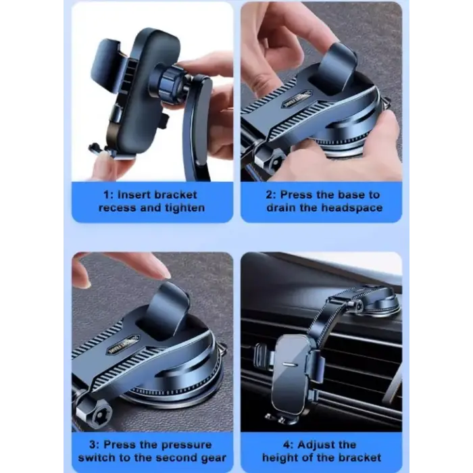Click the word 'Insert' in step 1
coord(134,195)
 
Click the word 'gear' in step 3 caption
coord(214,458)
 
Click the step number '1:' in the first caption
coord(108,195)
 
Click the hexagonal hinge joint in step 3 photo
coord(94,414)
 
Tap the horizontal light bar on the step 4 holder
coord(289,364)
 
